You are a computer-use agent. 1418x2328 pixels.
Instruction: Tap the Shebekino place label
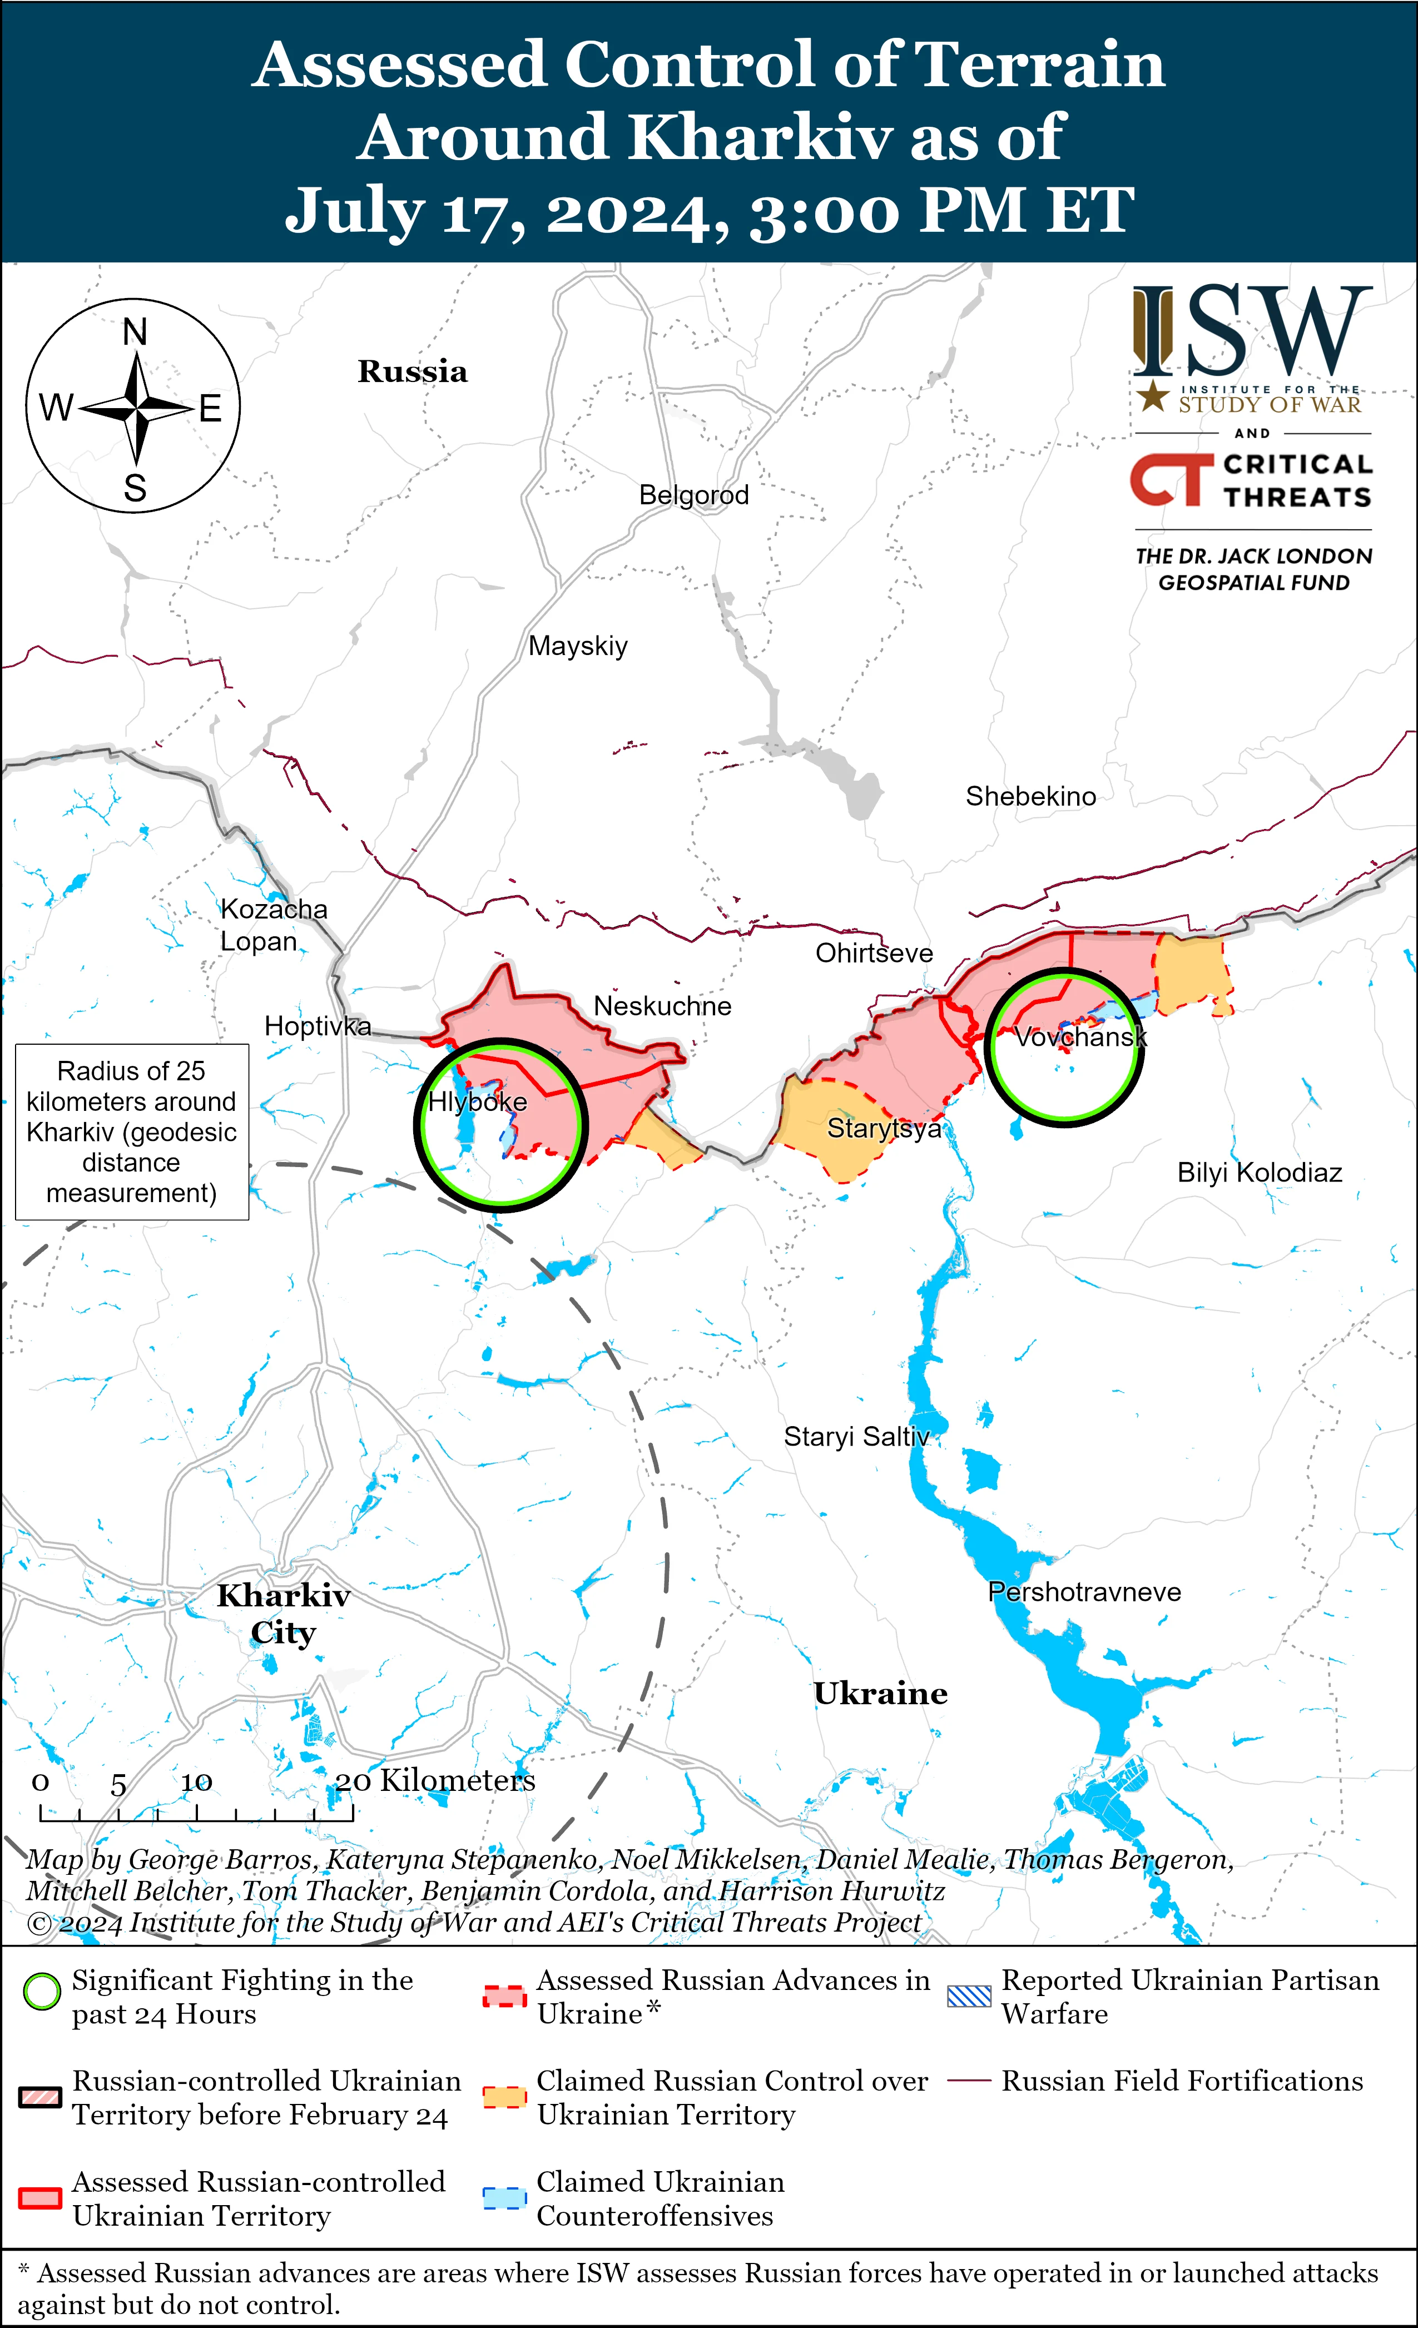1030,796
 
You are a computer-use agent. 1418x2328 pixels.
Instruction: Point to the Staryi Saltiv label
856,1437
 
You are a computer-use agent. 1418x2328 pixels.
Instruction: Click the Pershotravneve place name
1084,1592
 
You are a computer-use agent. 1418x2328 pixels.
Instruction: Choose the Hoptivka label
318,1026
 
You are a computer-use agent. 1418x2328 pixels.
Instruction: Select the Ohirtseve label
874,954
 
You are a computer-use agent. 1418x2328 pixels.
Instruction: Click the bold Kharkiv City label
284,1614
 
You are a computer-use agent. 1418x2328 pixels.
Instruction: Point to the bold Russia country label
412,371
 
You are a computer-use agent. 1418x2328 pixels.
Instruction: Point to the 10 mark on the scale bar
196,1783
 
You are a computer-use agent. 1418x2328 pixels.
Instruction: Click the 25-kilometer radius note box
131,1132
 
